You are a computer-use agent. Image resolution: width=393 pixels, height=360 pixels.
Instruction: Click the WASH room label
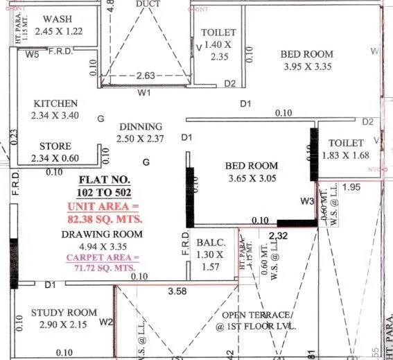point(58,19)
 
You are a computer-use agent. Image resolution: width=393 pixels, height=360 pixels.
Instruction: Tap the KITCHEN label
point(55,103)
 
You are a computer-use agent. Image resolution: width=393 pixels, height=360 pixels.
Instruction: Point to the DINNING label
point(140,127)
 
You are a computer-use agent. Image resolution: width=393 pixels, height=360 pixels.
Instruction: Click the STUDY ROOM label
point(64,313)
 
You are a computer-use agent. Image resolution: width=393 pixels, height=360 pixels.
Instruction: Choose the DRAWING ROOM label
point(102,234)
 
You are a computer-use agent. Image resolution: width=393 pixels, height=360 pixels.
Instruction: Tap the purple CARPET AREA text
point(103,258)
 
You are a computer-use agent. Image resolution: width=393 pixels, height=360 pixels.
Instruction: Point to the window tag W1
point(144,92)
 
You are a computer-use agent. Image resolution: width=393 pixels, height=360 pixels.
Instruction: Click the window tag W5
point(32,55)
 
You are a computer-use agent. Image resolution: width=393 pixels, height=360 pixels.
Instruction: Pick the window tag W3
point(308,201)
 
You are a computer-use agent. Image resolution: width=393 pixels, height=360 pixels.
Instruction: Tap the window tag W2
point(105,322)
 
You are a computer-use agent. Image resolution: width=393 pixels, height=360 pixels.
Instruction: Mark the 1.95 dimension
point(351,187)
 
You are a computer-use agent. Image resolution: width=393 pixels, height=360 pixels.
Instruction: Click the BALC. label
point(211,243)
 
